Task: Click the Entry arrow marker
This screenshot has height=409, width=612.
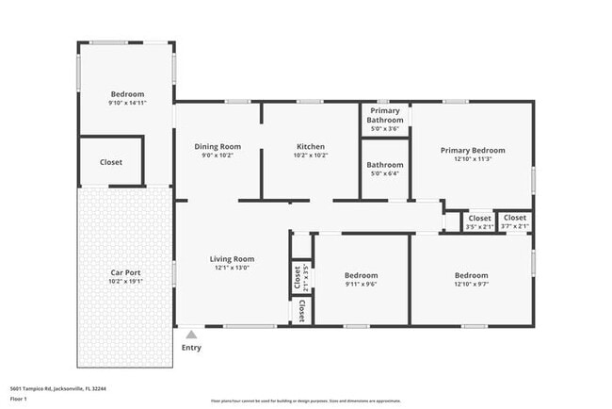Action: click(x=191, y=334)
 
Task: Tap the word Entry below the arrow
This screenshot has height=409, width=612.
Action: click(x=191, y=348)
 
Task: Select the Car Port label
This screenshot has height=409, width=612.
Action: click(x=124, y=272)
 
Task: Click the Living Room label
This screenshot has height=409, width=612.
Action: click(x=232, y=259)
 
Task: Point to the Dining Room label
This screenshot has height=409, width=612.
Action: click(x=217, y=146)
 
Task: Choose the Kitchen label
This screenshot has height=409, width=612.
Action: click(x=311, y=146)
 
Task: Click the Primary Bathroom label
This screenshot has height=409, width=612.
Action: click(x=385, y=116)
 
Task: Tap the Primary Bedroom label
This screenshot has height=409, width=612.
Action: click(x=473, y=150)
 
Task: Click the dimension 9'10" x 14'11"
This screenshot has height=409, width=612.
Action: click(x=127, y=103)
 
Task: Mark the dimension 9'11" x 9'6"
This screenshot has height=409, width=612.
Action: click(x=361, y=284)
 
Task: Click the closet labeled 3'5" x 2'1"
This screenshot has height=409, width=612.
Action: click(x=479, y=227)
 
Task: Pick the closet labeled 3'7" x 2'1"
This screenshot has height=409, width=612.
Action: click(x=515, y=227)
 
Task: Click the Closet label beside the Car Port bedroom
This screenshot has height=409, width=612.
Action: click(x=111, y=162)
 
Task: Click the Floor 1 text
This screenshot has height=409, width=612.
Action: click(x=19, y=400)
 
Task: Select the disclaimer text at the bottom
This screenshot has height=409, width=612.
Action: click(x=305, y=401)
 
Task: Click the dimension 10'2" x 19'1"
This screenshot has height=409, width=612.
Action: click(x=124, y=281)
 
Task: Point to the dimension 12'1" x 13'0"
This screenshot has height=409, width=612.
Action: click(x=232, y=268)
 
